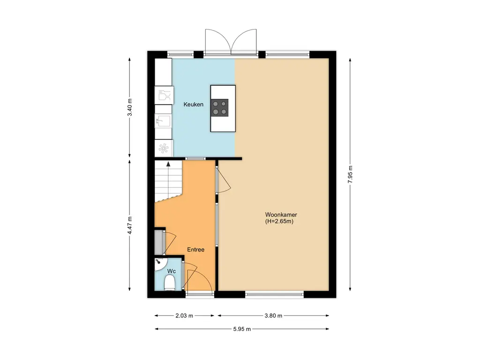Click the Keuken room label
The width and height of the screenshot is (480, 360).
(193, 105)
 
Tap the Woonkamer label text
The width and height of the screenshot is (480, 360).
(281, 215)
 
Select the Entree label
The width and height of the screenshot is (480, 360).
(195, 249)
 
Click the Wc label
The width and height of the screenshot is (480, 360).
(172, 271)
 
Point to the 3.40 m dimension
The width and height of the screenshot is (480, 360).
(130, 107)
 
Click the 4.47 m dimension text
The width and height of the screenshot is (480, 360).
(130, 225)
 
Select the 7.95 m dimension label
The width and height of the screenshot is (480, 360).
(351, 174)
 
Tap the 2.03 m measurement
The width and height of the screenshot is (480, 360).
(184, 315)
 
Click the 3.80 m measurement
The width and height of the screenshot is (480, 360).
(273, 315)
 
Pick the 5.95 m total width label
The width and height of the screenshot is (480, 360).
(242, 329)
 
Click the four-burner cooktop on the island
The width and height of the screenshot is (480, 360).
(219, 108)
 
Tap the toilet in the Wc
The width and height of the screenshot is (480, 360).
(170, 282)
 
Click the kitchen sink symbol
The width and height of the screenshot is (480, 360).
(163, 121)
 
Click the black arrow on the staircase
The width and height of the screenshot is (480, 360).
(168, 164)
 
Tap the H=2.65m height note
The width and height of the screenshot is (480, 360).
(279, 221)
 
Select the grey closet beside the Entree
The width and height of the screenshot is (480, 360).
(158, 242)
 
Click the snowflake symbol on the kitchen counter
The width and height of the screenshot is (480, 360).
(164, 149)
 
